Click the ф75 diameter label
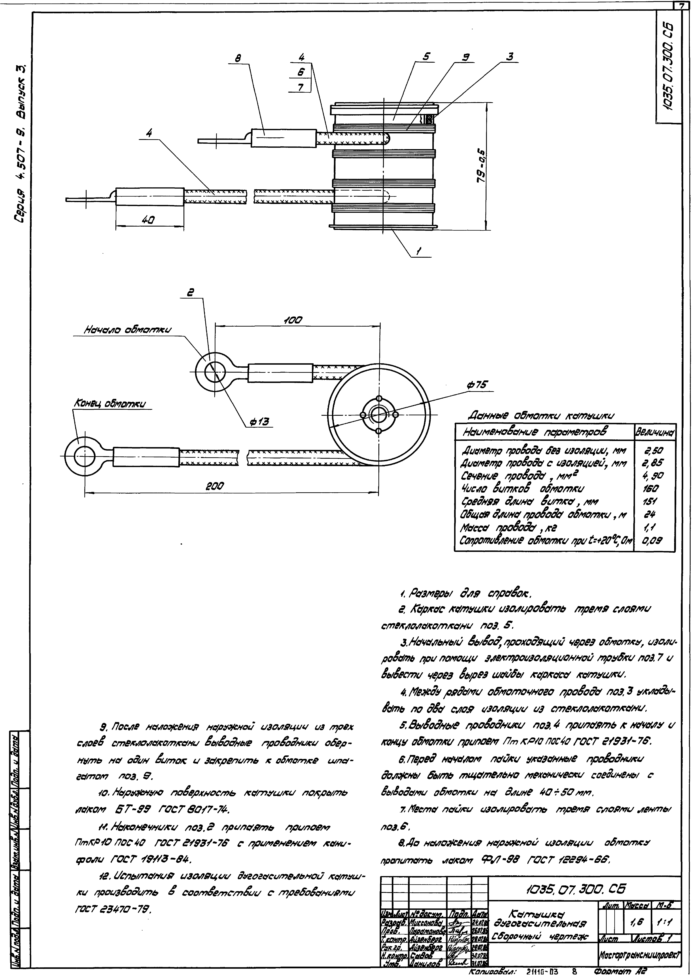coord(476,384)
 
